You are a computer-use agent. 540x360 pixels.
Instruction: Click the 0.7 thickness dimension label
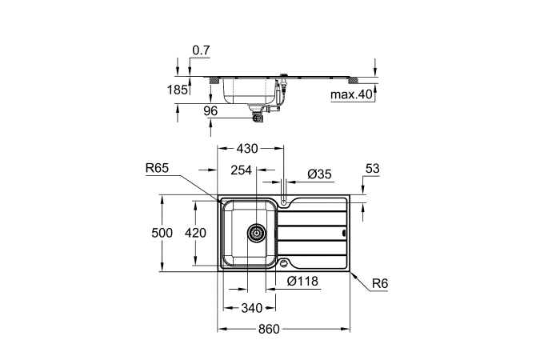pyautogui.click(x=201, y=50)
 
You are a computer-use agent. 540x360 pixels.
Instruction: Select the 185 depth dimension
pyautogui.click(x=178, y=90)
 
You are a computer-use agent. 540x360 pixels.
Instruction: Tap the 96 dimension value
pyautogui.click(x=210, y=111)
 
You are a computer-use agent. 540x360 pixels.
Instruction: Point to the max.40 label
pyautogui.click(x=352, y=94)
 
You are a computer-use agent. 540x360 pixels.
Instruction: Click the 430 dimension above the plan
pyautogui.click(x=247, y=149)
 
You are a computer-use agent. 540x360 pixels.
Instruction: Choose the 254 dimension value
pyautogui.click(x=241, y=170)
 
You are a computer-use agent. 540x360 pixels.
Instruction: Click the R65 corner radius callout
pyautogui.click(x=157, y=168)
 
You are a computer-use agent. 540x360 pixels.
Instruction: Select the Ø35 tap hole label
pyautogui.click(x=319, y=174)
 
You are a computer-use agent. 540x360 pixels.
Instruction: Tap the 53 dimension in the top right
pyautogui.click(x=372, y=169)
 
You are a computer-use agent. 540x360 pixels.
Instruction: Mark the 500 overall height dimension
pyautogui.click(x=162, y=233)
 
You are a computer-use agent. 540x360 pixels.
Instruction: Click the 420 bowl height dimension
pyautogui.click(x=195, y=233)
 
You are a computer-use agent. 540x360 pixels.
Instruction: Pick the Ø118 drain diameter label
pyautogui.click(x=302, y=282)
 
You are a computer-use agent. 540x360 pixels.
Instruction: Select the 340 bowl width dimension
pyautogui.click(x=252, y=308)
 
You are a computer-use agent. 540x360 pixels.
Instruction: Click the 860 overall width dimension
pyautogui.click(x=269, y=329)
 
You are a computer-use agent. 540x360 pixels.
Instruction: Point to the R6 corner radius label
pyautogui.click(x=380, y=283)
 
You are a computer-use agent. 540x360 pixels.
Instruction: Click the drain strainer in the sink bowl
pyautogui.click(x=257, y=233)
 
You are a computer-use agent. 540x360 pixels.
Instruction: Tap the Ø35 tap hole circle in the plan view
pyautogui.click(x=283, y=202)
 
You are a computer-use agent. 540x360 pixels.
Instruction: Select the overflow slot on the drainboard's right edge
pyautogui.click(x=343, y=233)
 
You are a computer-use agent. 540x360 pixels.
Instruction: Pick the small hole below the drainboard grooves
pyautogui.click(x=283, y=264)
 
